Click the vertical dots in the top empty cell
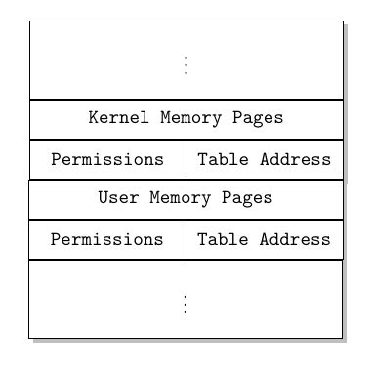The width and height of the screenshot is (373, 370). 186,64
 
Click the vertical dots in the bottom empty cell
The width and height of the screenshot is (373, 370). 186,304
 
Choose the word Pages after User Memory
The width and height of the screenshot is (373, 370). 247,198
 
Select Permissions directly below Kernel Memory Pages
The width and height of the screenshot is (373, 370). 107,159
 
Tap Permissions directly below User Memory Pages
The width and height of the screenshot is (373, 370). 107,239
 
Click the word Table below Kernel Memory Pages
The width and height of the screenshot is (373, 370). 222,159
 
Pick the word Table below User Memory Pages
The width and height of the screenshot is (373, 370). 222,239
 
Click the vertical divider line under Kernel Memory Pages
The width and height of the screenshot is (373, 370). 186,160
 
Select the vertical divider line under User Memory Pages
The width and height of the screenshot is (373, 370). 186,240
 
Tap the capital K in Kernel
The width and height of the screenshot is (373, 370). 94,118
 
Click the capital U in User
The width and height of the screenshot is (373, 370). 104,198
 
